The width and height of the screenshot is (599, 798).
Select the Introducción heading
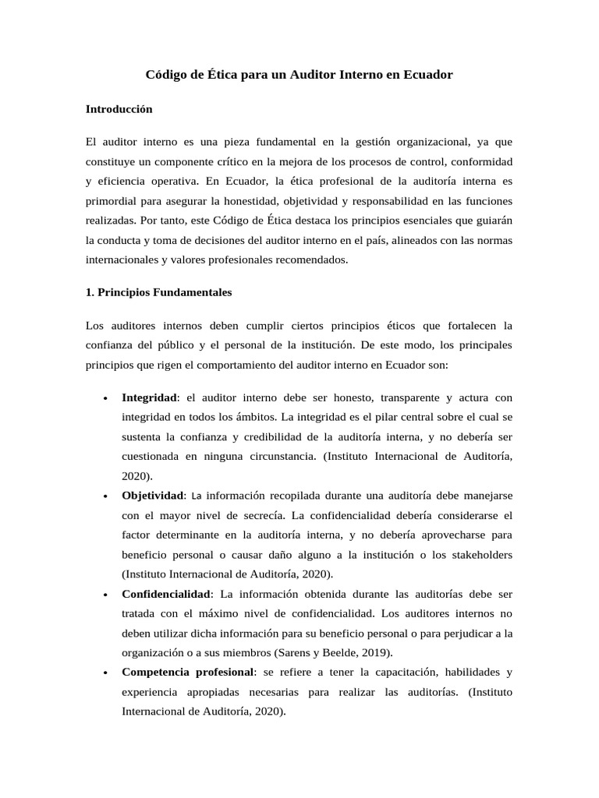(x=119, y=109)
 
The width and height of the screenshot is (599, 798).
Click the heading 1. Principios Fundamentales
(x=158, y=292)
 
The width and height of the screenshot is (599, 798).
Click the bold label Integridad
(x=149, y=397)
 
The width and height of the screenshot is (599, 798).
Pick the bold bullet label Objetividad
(x=153, y=496)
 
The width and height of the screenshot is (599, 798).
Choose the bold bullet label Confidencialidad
(x=167, y=594)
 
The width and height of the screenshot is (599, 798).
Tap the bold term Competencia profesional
(x=187, y=671)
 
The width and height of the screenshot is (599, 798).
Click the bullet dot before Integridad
(x=105, y=398)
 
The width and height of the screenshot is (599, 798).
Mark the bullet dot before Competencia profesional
(x=105, y=672)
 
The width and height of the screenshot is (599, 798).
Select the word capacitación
(x=412, y=671)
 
